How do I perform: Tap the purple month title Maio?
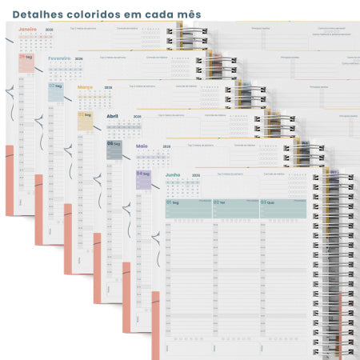pos(142,146)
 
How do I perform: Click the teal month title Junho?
pos(172,174)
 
